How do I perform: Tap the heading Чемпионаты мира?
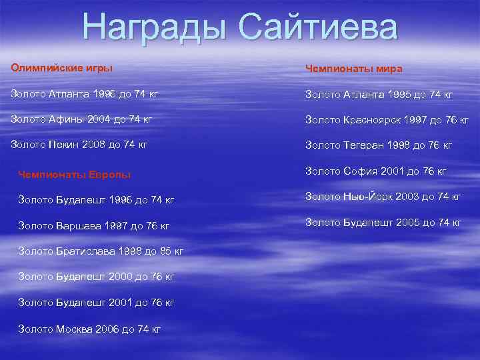click(353, 69)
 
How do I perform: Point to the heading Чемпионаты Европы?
click(74, 175)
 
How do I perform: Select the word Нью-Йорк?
click(366, 196)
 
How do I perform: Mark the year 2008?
click(97, 144)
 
